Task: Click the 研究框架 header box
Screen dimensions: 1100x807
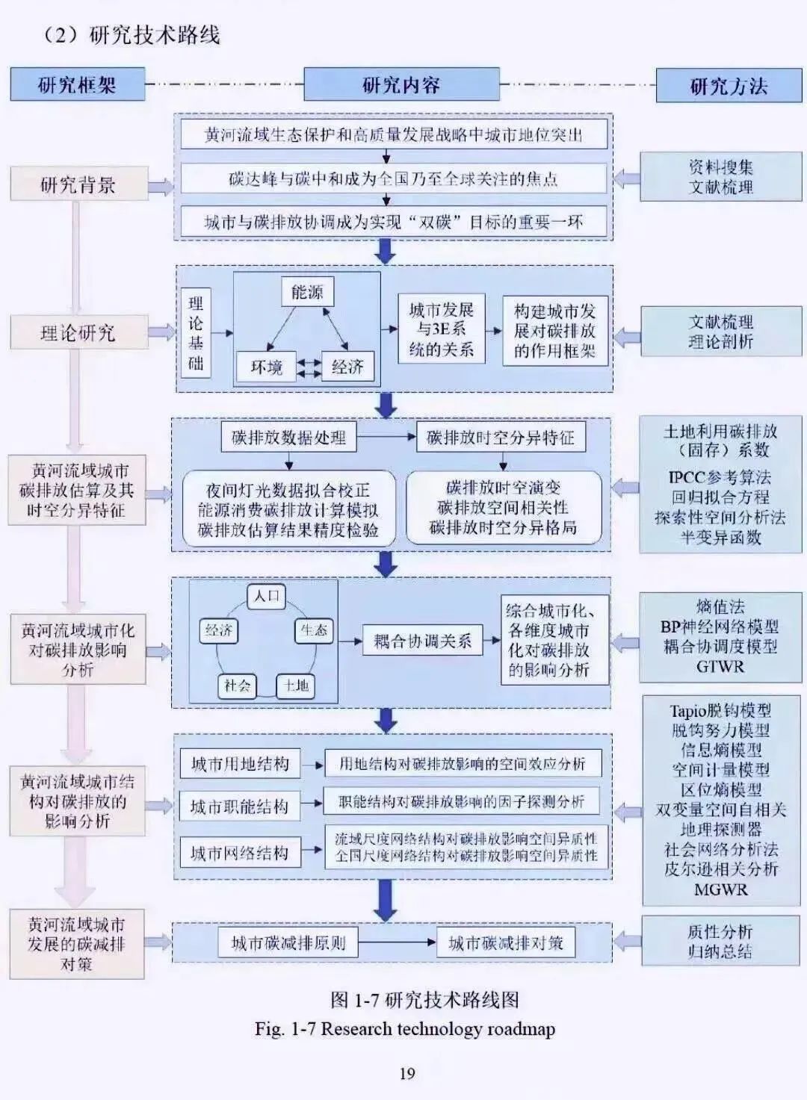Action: [77, 84]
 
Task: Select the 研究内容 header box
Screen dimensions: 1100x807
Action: [401, 84]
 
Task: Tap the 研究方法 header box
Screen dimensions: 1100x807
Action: [729, 86]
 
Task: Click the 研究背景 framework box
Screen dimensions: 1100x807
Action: [78, 184]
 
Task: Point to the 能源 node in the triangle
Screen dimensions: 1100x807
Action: [307, 292]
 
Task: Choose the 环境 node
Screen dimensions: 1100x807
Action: [266, 367]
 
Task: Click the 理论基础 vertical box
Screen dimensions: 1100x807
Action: [196, 333]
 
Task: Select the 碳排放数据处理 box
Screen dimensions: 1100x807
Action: [288, 437]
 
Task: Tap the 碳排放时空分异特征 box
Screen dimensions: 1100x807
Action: [500, 437]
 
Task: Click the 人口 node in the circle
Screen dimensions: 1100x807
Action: [266, 596]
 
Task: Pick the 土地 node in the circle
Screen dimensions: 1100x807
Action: [296, 686]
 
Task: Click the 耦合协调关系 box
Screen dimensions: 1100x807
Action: [422, 641]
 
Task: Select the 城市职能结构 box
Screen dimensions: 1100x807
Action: [239, 807]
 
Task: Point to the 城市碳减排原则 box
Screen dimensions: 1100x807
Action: [288, 942]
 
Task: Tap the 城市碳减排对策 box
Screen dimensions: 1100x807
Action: [505, 942]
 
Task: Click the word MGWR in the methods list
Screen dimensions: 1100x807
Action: [720, 889]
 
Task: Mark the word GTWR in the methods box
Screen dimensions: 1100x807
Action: [720, 666]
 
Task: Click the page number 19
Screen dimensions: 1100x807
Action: [406, 1074]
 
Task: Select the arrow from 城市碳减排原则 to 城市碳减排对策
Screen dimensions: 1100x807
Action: [396, 942]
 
